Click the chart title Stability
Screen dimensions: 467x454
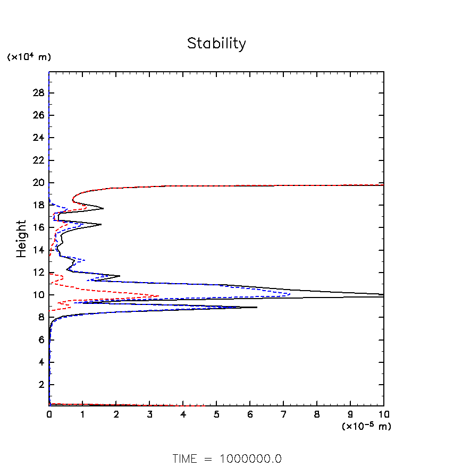pos(216,44)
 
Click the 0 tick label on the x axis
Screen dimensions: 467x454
pos(49,414)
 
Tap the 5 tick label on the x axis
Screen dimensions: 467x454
pos(216,414)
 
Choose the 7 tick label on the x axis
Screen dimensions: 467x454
pos(283,414)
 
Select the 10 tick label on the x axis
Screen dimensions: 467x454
pos(383,414)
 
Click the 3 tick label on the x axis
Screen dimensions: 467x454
pos(150,414)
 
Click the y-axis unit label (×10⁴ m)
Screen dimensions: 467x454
pos(29,57)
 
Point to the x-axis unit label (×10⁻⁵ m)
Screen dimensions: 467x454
pos(366,426)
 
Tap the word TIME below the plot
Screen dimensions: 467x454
pos(184,458)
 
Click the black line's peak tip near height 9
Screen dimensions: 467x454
pos(257,307)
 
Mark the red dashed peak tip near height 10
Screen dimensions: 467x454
pos(159,296)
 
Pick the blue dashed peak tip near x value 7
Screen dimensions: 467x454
pos(290,293)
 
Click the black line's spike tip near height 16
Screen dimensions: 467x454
pos(101,225)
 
